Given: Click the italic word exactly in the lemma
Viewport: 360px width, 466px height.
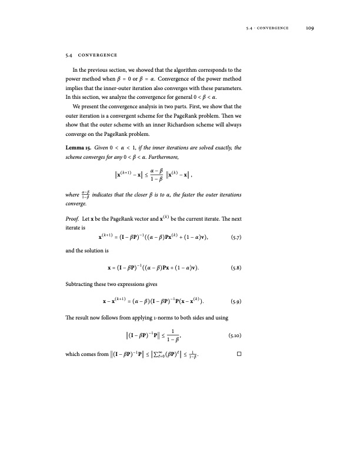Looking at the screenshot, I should point(226,147).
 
